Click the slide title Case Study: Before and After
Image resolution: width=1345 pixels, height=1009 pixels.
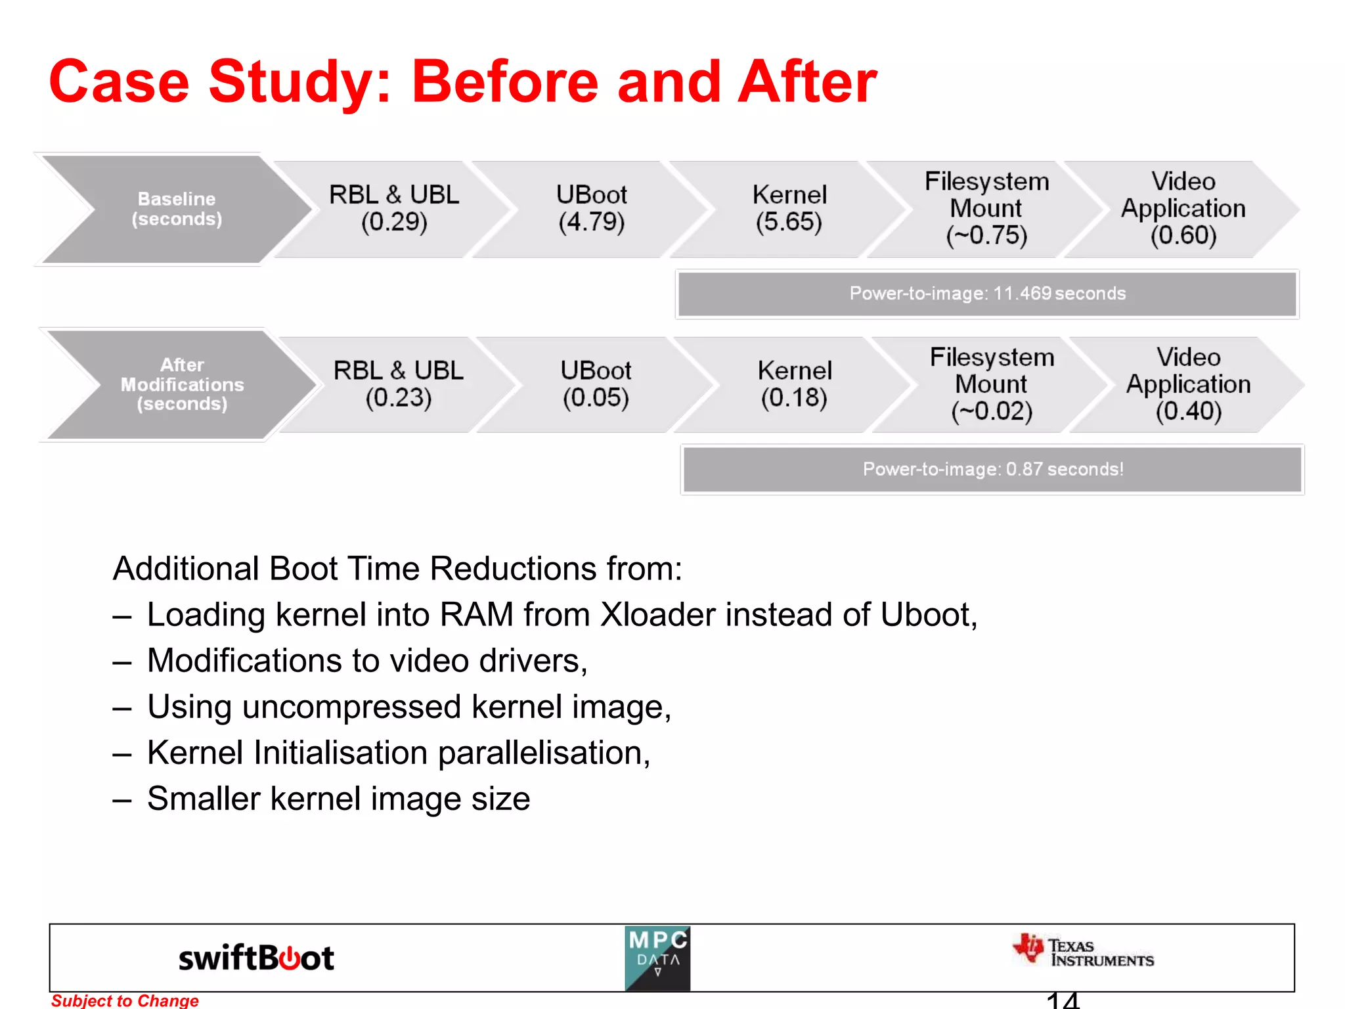[x=462, y=81]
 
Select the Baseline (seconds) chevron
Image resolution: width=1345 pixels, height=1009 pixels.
[x=176, y=209]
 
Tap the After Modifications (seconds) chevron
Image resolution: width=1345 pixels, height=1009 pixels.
[x=182, y=384]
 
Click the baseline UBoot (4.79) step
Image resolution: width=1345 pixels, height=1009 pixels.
[x=591, y=208]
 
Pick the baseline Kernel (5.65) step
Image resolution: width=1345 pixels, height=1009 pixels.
[x=789, y=208]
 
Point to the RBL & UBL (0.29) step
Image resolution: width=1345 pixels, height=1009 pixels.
[x=394, y=208]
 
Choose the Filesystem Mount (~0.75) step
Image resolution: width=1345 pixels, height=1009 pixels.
[x=986, y=208]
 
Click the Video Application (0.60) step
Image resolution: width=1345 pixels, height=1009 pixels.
[x=1183, y=208]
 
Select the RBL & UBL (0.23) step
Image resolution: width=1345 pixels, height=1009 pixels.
[x=399, y=384]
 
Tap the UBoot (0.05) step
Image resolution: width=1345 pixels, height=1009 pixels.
[x=596, y=384]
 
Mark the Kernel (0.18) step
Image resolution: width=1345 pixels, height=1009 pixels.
[x=794, y=384]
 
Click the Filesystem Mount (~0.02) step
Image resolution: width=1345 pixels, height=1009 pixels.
[x=992, y=384]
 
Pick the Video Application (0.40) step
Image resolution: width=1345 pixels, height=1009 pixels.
[x=1188, y=384]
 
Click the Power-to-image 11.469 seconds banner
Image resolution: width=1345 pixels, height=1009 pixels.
[x=987, y=294]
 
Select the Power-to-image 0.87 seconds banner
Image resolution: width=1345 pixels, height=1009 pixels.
[x=992, y=469]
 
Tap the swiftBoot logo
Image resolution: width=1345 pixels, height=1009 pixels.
[x=256, y=958]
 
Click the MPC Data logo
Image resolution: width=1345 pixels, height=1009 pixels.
[x=657, y=958]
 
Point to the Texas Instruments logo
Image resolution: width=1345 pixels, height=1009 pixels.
[x=1084, y=952]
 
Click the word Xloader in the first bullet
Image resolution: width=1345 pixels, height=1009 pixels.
[x=657, y=615]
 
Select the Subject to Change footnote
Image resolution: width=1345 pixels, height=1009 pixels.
[x=125, y=1000]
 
